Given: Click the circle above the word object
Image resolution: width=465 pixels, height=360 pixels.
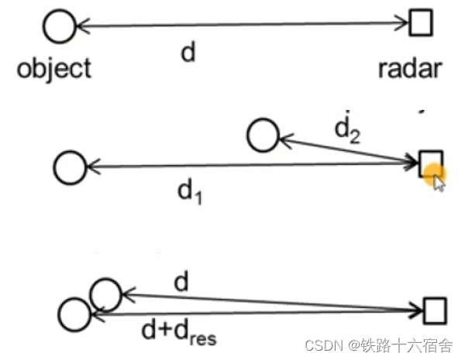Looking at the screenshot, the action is click(59, 28).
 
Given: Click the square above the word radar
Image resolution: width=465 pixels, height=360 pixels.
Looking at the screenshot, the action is click(419, 24).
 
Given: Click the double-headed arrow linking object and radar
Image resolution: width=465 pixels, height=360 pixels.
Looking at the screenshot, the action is click(240, 26).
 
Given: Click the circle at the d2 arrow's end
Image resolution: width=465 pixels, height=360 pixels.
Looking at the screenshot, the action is click(262, 135).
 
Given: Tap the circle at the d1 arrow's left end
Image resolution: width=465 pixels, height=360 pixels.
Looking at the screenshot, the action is click(70, 166).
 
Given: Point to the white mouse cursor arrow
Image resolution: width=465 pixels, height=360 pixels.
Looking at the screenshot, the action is click(439, 183).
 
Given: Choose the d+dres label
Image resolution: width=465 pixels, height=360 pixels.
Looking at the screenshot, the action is click(179, 334).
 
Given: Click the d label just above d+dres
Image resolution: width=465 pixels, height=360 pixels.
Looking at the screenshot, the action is click(181, 282).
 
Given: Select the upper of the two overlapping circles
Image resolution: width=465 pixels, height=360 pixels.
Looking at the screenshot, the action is click(105, 294).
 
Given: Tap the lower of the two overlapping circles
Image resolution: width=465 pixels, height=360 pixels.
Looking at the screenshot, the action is click(75, 314).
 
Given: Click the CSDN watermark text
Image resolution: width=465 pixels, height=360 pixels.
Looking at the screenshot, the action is click(324, 345).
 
